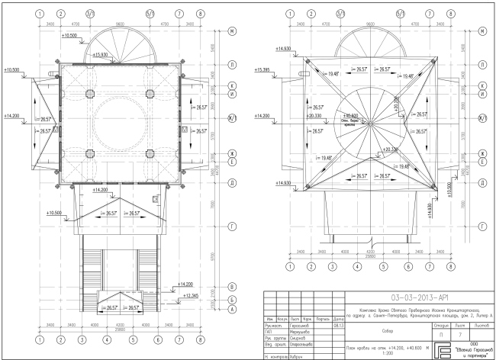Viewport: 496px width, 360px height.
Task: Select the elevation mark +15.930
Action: pos(101,55)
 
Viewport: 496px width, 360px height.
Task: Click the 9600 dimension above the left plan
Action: pos(120,24)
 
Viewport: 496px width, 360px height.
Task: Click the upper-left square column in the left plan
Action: pos(89,95)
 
